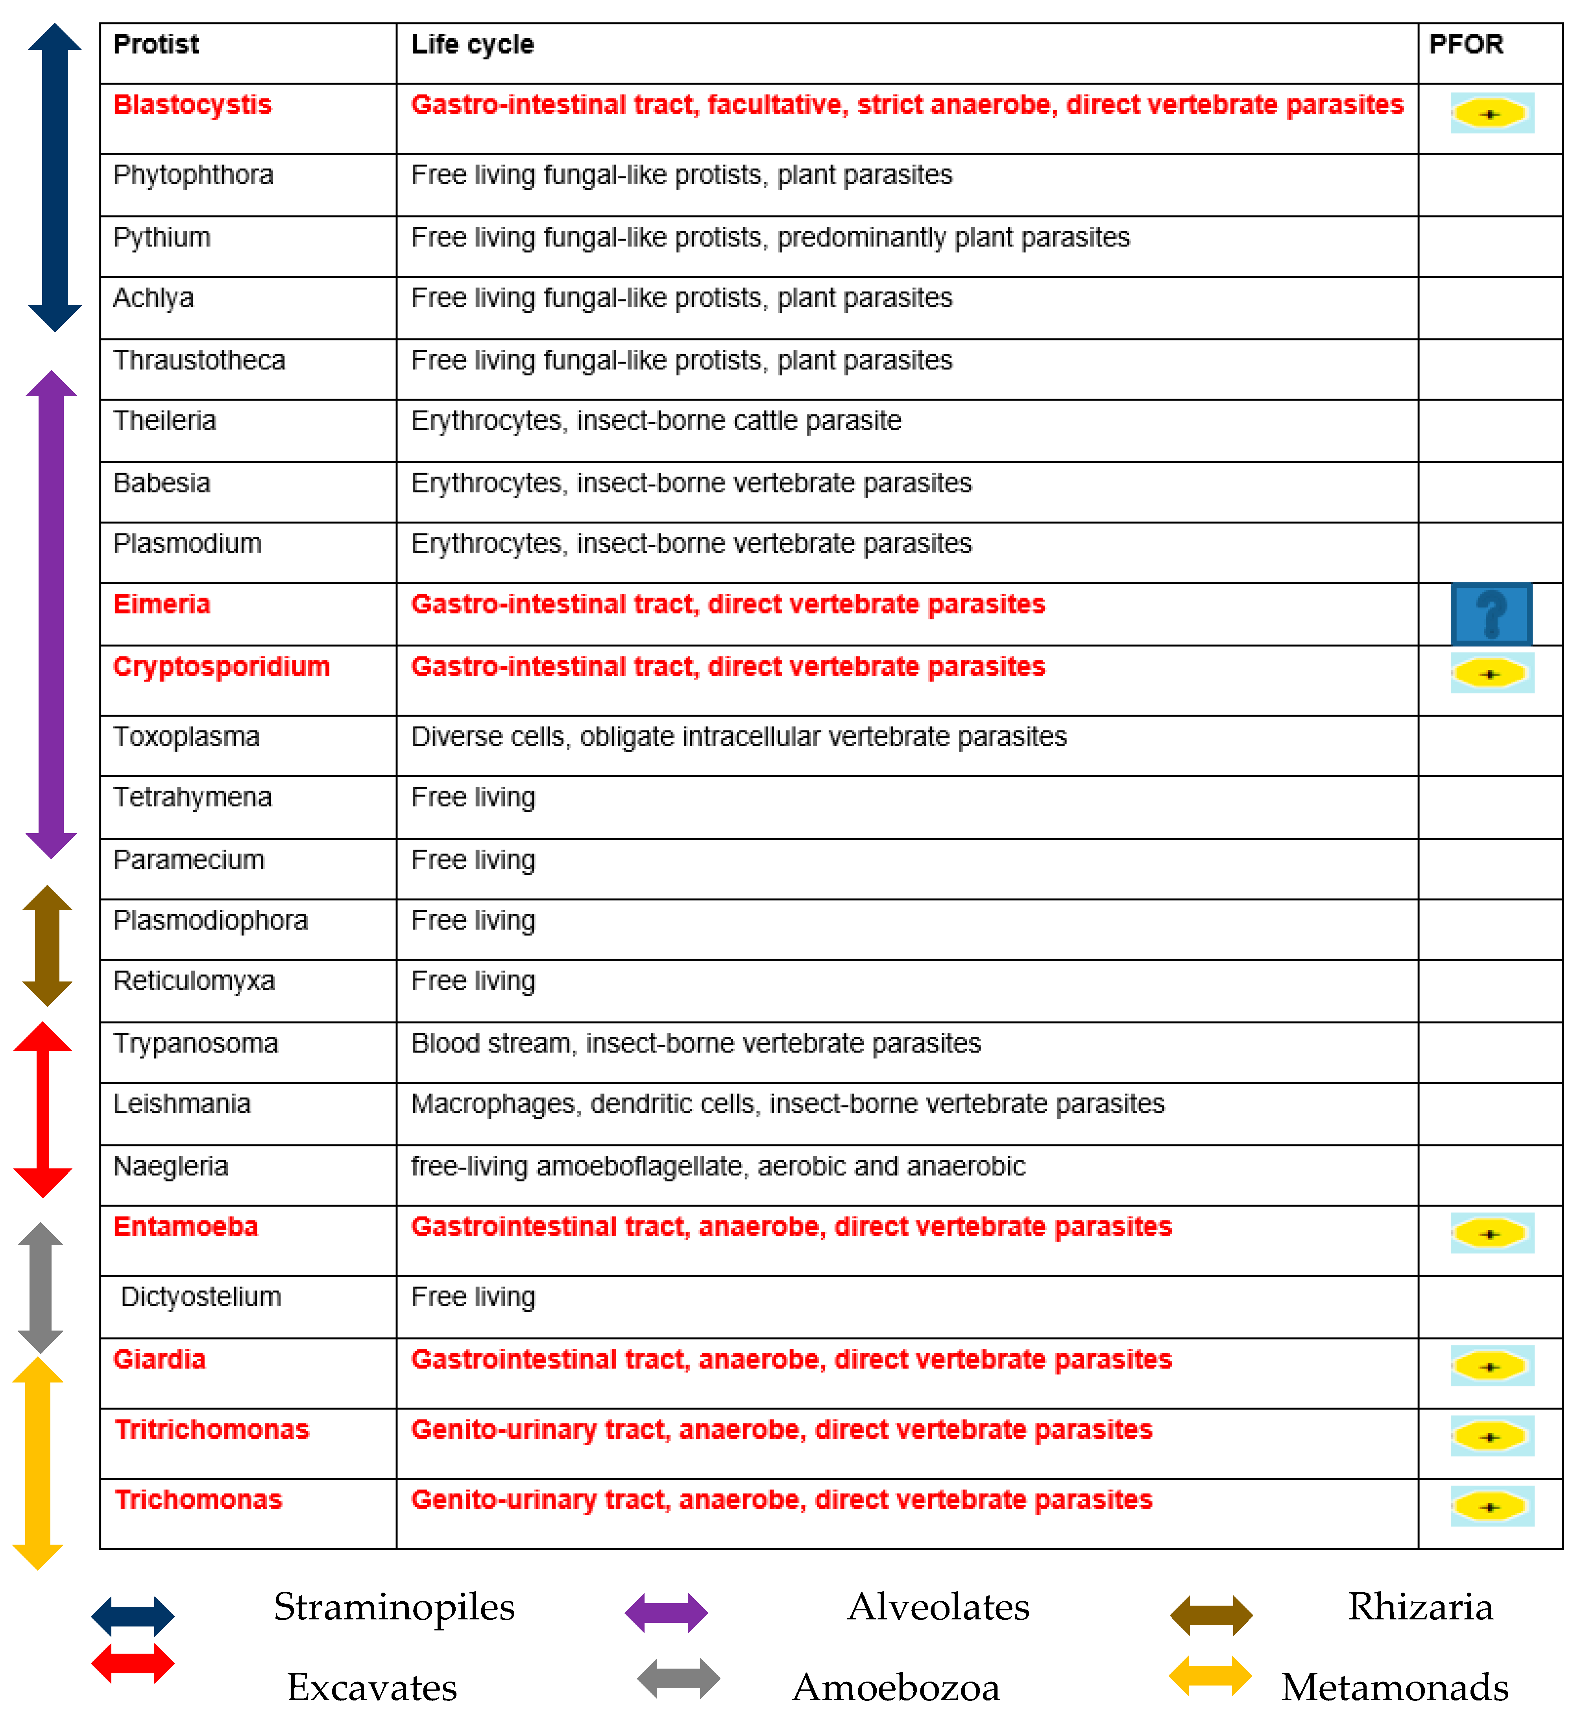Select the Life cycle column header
pyautogui.click(x=473, y=44)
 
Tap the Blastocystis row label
pyautogui.click(x=192, y=105)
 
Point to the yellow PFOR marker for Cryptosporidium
pyautogui.click(x=1491, y=673)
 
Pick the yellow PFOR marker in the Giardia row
pyautogui.click(x=1491, y=1366)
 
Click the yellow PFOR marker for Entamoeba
pyautogui.click(x=1491, y=1233)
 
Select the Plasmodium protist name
pyautogui.click(x=187, y=544)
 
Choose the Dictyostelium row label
pyautogui.click(x=201, y=1297)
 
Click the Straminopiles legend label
pyautogui.click(x=393, y=1606)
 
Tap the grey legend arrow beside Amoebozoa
pyautogui.click(x=678, y=1678)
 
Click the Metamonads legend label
pyautogui.click(x=1395, y=1687)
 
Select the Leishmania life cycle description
pyautogui.click(x=787, y=1104)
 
